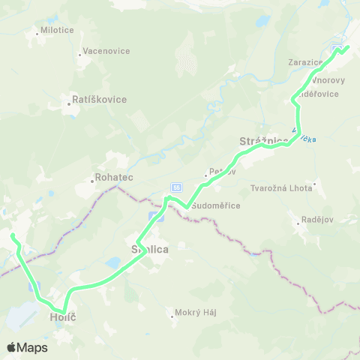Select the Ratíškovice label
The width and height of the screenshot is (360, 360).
(x=100, y=99)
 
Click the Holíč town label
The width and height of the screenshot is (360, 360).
(x=64, y=318)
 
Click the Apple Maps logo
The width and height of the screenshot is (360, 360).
(x=27, y=347)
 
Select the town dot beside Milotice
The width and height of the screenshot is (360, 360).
(x=37, y=32)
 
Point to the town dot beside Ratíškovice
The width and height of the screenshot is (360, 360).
(x=70, y=105)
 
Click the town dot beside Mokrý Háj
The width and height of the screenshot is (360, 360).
(x=174, y=316)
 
